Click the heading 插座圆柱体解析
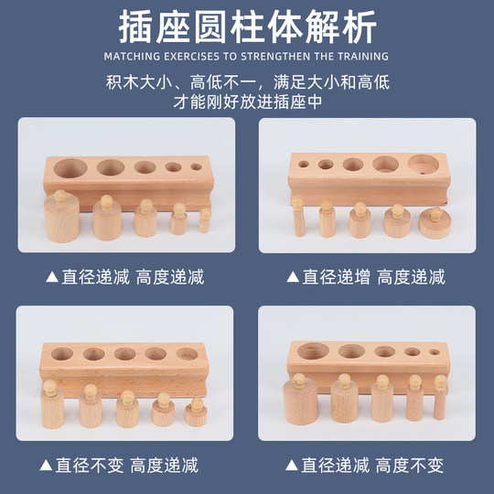click(x=247, y=27)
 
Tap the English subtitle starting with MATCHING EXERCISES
click(x=247, y=56)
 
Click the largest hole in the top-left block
click(x=72, y=168)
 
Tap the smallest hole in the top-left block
click(x=196, y=167)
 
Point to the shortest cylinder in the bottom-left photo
click(x=195, y=412)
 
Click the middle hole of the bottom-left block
click(x=125, y=354)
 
